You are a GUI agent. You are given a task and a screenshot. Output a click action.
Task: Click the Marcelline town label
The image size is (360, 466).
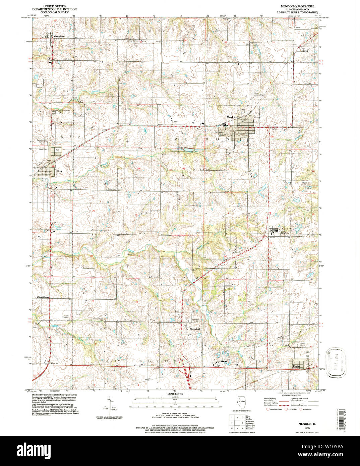pyautogui.click(x=59, y=36)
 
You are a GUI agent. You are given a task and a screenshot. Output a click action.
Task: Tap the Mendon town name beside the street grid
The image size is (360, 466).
pyautogui.click(x=232, y=117)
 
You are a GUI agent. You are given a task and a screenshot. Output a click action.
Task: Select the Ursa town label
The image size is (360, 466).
pyautogui.click(x=59, y=171)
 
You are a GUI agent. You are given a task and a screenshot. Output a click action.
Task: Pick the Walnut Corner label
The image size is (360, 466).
pyautogui.click(x=43, y=297)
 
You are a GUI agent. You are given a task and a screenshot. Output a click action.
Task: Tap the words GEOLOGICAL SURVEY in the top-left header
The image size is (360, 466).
pyautogui.click(x=54, y=12)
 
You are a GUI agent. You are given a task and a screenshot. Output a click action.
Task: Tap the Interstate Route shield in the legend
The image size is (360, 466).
pyautogui.click(x=267, y=409)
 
